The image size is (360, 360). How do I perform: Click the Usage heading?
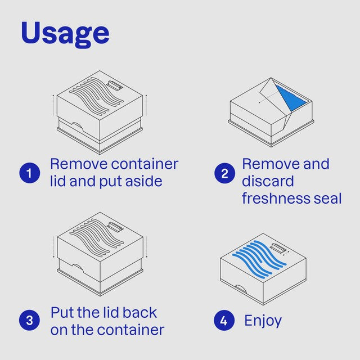65,34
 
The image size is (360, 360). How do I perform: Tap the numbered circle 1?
30,173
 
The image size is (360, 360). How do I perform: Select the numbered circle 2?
225,173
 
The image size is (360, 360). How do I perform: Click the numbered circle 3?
29,320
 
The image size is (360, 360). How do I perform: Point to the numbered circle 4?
224,320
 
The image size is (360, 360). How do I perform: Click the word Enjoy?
263,321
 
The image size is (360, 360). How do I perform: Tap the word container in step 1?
145,164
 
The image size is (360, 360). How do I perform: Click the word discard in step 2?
268,181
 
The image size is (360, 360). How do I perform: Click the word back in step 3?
140,313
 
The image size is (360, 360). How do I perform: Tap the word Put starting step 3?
62,313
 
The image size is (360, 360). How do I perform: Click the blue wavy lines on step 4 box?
259,259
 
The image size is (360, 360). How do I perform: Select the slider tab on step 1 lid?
115,86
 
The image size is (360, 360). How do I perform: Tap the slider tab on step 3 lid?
115,227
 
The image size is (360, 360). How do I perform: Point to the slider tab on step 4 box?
278,248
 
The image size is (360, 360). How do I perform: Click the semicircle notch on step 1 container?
78,127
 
